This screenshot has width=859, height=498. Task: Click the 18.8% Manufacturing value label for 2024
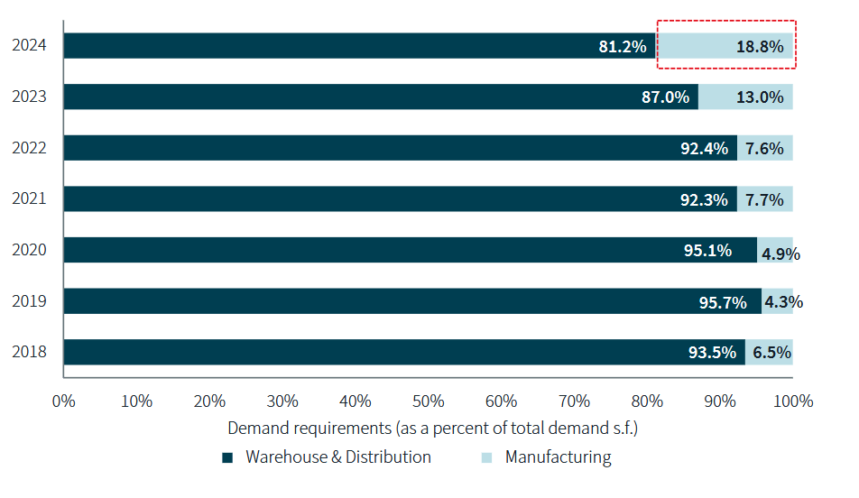[x=760, y=46]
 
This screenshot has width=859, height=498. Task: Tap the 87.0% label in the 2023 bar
[x=665, y=97]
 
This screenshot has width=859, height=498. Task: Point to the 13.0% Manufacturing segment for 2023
[x=745, y=97]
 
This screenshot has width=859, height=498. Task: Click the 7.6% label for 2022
[x=764, y=148]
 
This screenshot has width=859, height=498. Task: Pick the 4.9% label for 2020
[x=780, y=254]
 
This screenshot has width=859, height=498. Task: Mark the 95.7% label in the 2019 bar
[x=724, y=302]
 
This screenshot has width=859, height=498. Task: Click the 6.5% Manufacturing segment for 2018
[x=769, y=353]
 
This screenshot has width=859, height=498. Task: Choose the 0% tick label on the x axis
[x=63, y=401]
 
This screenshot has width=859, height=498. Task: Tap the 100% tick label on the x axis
[x=793, y=401]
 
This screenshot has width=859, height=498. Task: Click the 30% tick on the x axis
[x=282, y=401]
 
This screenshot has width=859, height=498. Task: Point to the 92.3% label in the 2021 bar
[x=704, y=199]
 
